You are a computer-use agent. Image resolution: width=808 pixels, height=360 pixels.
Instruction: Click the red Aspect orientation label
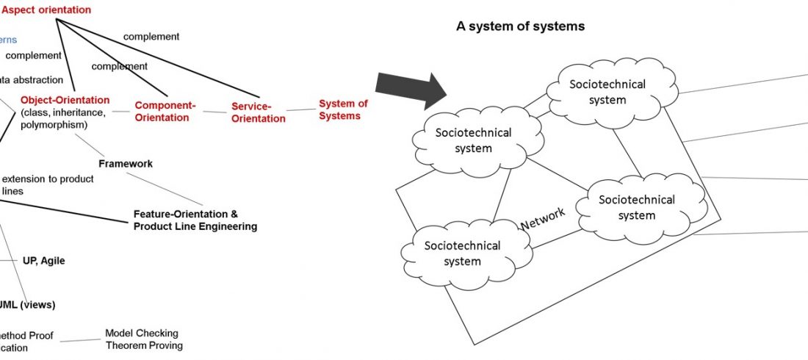pyautogui.click(x=46, y=10)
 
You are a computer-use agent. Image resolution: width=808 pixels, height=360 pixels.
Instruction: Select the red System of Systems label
pyautogui.click(x=343, y=109)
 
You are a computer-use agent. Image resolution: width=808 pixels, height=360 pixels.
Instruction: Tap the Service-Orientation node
pyautogui.click(x=258, y=112)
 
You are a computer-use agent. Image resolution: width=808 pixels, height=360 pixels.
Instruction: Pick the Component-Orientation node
pyautogui.click(x=165, y=111)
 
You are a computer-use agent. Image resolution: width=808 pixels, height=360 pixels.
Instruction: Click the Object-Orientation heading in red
pyautogui.click(x=65, y=100)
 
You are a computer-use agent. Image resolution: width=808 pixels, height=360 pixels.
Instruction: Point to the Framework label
pyautogui.click(x=126, y=164)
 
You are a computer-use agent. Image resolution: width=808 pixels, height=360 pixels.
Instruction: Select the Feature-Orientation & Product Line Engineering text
pyautogui.click(x=195, y=220)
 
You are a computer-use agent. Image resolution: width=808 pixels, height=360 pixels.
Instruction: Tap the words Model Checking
pyautogui.click(x=142, y=333)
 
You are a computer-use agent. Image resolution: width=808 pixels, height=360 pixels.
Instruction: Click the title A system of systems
pyautogui.click(x=520, y=26)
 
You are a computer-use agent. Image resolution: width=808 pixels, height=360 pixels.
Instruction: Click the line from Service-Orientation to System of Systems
pyautogui.click(x=301, y=110)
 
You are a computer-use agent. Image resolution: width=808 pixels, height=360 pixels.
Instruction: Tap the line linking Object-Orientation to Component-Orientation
pyautogui.click(x=122, y=112)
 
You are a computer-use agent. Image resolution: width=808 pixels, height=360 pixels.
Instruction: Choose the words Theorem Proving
pyautogui.click(x=144, y=345)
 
